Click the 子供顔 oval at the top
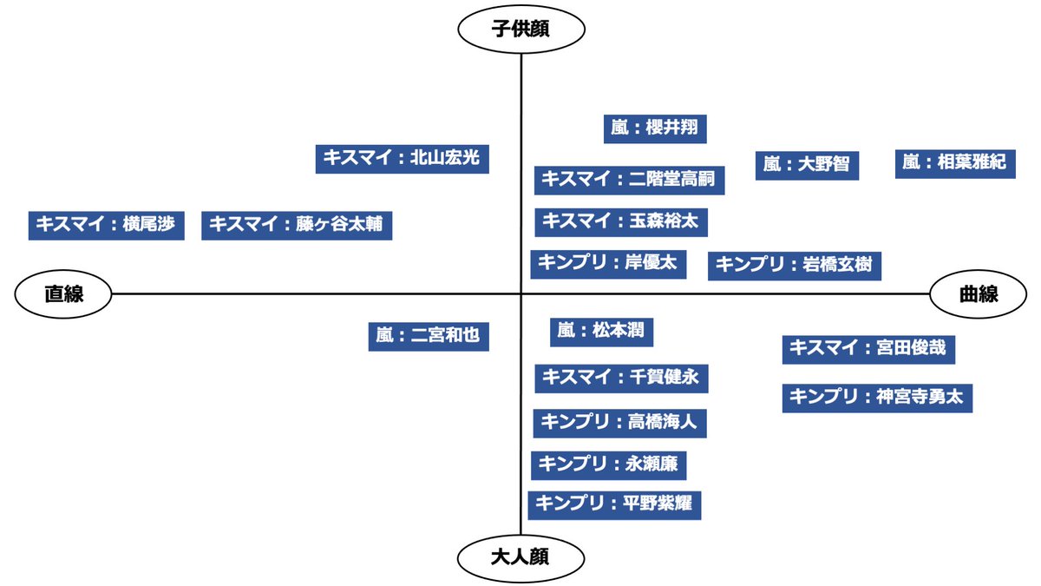pos(521,30)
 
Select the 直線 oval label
pos(63,293)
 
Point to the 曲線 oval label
pos(978,293)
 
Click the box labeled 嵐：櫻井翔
pos(655,128)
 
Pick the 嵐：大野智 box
pos(807,163)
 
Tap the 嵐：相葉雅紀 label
pos(955,162)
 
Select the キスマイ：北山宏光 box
pos(402,158)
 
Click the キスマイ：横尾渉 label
pos(106,225)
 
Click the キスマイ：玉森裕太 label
pos(620,221)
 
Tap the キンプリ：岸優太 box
pos(608,262)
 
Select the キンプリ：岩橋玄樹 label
pos(795,265)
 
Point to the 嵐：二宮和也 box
pos(429,335)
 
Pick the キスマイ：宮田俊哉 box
pos(868,349)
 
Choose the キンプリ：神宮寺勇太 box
pos(877,398)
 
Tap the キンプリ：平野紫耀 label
pos(614,504)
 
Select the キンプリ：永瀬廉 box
pos(608,464)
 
